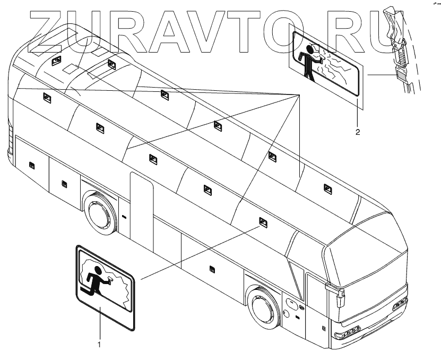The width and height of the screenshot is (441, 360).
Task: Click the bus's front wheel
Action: (x=262, y=307)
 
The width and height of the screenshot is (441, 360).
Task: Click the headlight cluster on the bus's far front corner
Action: (x=399, y=304)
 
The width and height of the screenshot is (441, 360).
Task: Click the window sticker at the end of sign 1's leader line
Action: (x=263, y=221)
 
